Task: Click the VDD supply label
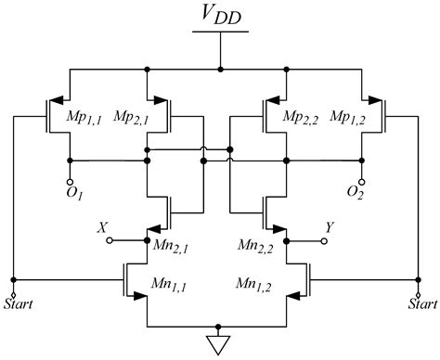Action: pos(219,16)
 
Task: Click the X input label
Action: pos(103,226)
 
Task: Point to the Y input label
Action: pos(330,226)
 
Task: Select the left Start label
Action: pos(16,302)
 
